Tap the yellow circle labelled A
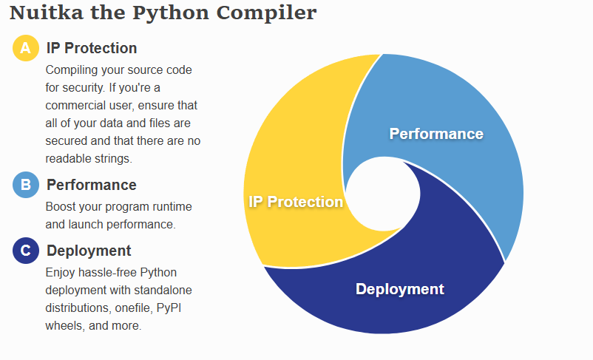(x=26, y=48)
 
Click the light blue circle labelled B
(x=26, y=185)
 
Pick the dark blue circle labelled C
(x=26, y=251)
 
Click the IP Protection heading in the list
(x=92, y=48)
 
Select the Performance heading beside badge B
(x=92, y=185)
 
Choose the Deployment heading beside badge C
(x=89, y=251)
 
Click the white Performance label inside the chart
(x=436, y=134)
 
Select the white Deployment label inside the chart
(x=400, y=289)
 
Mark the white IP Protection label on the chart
(x=296, y=202)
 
